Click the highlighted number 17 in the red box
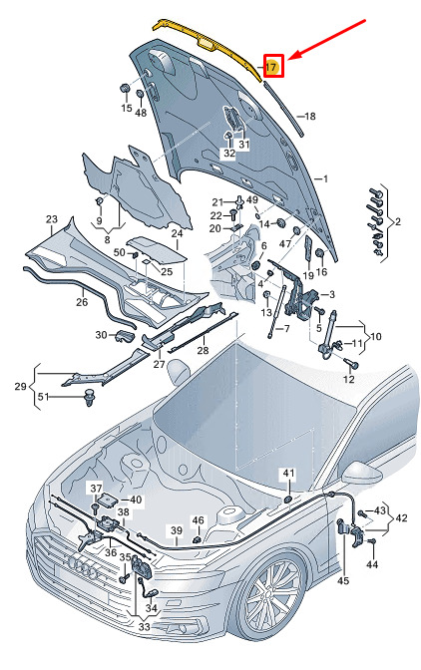[270, 67]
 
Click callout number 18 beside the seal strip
[310, 116]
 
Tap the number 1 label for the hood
[325, 178]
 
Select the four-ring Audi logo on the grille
[84, 568]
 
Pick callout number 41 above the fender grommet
[288, 474]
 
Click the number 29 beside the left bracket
[21, 386]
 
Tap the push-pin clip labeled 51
[90, 398]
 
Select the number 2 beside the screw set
[398, 221]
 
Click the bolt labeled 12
[354, 364]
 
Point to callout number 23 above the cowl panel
[52, 219]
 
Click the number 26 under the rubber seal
[82, 302]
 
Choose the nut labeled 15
[124, 88]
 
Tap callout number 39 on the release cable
[177, 531]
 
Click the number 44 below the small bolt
[372, 564]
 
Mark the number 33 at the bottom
[145, 627]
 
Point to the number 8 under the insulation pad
[108, 239]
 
